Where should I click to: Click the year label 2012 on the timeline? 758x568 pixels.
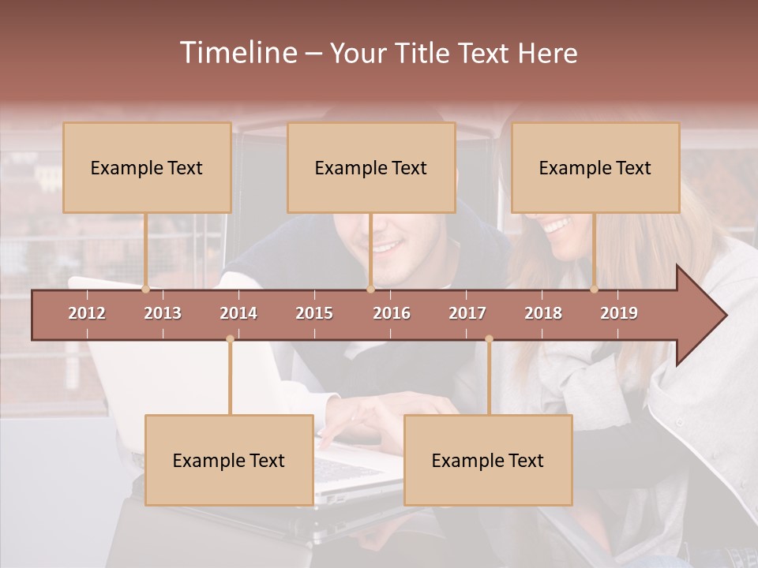click(87, 313)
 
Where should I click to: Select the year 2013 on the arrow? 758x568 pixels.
click(163, 313)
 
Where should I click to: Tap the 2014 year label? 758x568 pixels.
click(238, 313)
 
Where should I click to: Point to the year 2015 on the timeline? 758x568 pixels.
click(314, 313)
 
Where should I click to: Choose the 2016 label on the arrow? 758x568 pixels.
click(392, 313)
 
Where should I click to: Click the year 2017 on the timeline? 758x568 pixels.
click(467, 313)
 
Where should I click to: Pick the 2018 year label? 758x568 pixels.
click(543, 313)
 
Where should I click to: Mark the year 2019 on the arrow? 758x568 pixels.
click(619, 313)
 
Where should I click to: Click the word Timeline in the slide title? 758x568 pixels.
click(237, 53)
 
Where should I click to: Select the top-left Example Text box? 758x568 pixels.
click(147, 167)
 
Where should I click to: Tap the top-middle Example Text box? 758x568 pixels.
click(371, 167)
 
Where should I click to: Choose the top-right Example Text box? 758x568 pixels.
click(595, 167)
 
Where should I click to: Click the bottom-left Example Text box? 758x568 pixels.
click(229, 460)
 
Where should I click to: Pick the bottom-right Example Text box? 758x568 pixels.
click(488, 460)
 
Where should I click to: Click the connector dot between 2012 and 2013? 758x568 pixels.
click(145, 290)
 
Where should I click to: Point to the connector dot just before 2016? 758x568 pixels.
click(370, 290)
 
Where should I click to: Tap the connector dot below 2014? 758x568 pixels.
click(230, 339)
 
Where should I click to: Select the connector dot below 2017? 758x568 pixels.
click(489, 339)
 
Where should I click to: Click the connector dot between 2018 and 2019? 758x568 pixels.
click(595, 290)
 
